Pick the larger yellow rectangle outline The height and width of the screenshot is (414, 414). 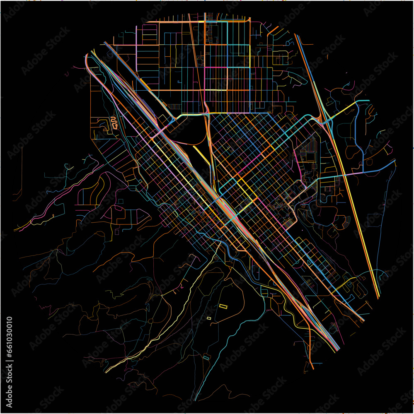coord(223,306)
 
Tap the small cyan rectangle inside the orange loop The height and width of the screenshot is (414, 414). coord(206,357)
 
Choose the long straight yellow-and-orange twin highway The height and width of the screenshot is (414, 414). coord(352,207)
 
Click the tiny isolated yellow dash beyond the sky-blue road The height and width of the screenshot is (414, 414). coord(346,73)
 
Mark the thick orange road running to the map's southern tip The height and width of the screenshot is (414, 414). coord(310,348)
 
